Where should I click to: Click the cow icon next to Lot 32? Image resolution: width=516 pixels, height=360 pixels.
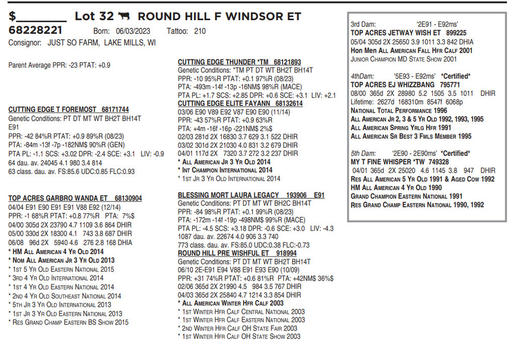123,17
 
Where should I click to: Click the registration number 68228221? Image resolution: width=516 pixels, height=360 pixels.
36,30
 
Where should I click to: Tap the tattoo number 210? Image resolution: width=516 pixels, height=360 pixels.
200,32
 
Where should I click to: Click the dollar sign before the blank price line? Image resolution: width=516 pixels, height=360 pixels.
12,17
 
